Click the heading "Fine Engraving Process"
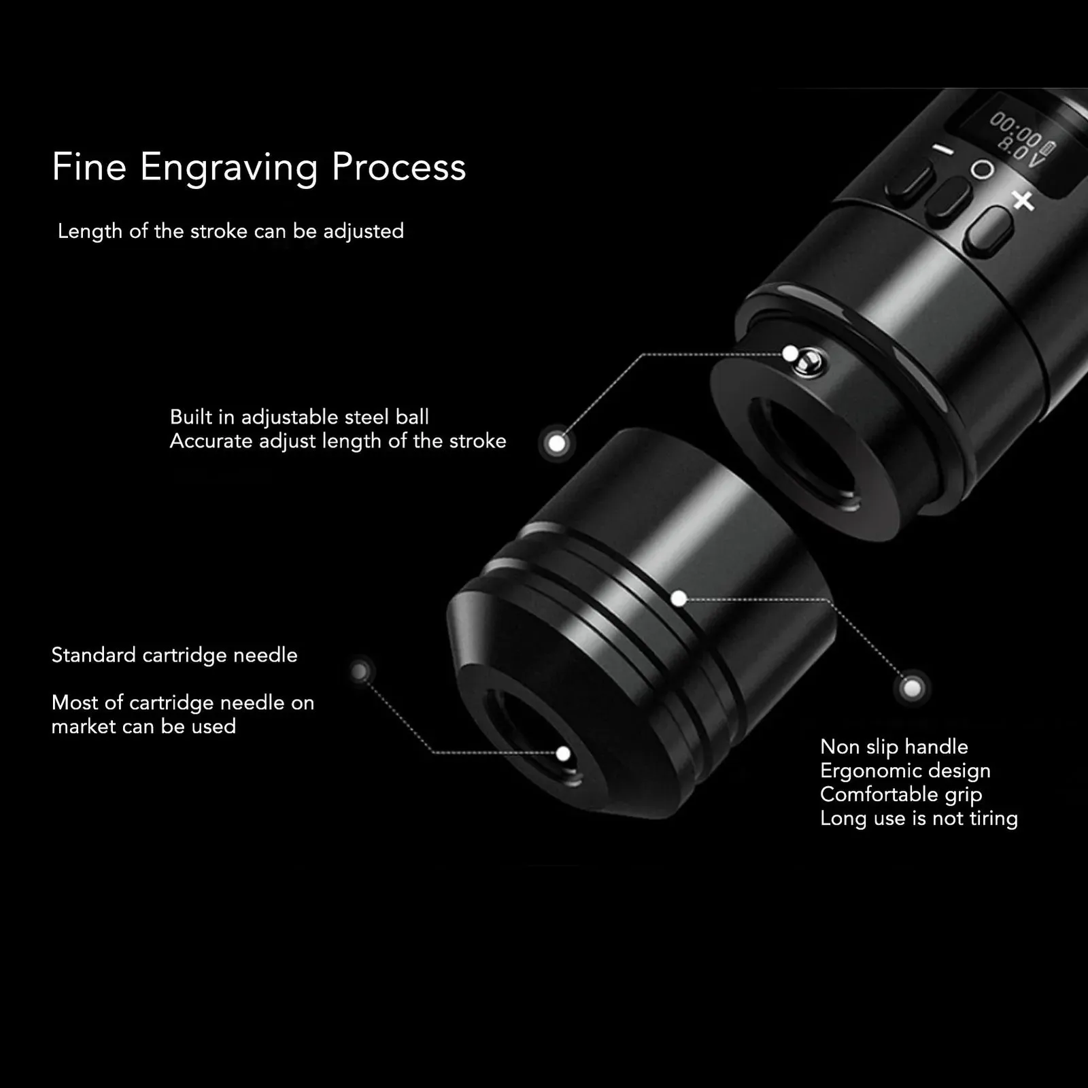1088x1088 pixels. [x=259, y=167]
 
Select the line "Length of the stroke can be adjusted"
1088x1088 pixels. [x=231, y=231]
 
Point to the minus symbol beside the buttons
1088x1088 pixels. [x=943, y=151]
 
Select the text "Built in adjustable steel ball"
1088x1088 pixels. [x=299, y=417]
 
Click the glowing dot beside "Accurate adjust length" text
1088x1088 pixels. [x=557, y=444]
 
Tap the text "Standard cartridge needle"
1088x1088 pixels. [x=175, y=656]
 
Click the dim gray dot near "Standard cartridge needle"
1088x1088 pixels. [x=360, y=673]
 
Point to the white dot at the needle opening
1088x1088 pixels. [x=563, y=753]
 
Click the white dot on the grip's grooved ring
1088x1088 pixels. [x=679, y=598]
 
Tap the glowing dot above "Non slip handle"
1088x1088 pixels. [x=912, y=689]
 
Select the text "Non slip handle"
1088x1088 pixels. [x=894, y=747]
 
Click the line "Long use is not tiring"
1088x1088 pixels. [x=919, y=819]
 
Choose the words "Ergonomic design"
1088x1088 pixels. [x=905, y=771]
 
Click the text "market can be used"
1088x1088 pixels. [x=143, y=726]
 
